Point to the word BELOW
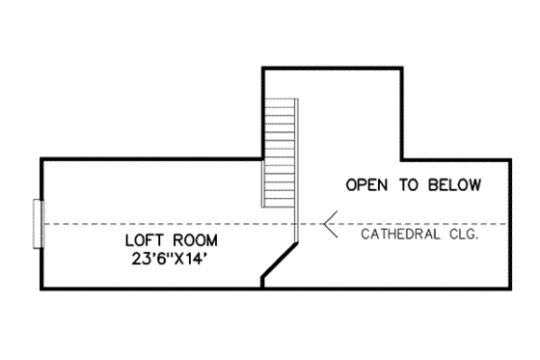coord(454,184)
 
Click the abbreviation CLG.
coord(463,234)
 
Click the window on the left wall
coord(39,223)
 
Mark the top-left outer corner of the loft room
coord(40,157)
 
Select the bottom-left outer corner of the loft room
coord(40,288)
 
